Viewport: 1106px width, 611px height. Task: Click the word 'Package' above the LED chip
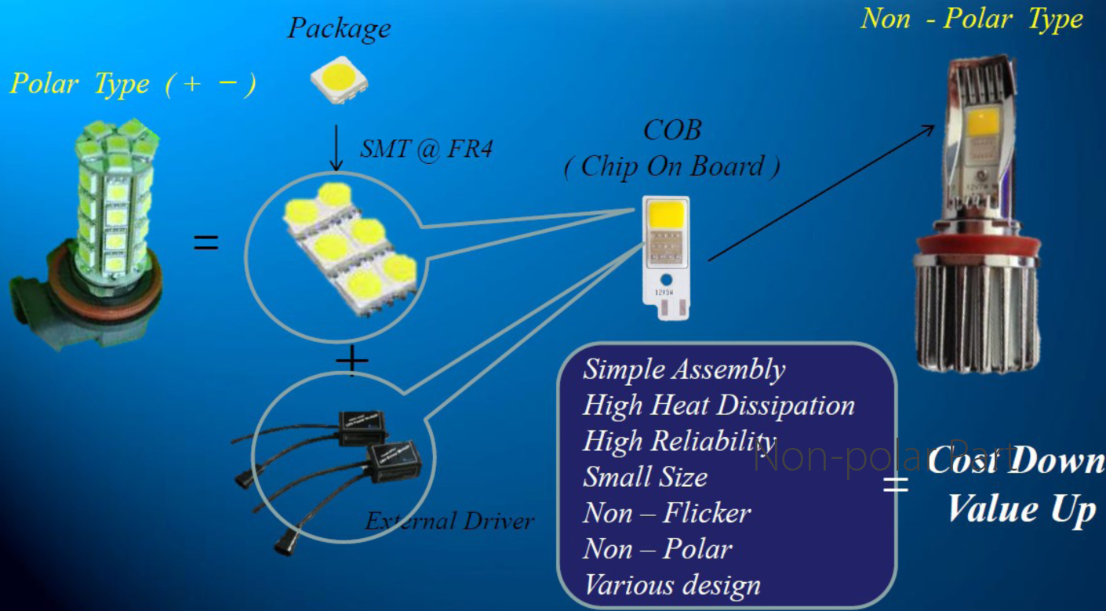pyautogui.click(x=339, y=29)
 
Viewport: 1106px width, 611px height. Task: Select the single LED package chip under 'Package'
pyautogui.click(x=340, y=79)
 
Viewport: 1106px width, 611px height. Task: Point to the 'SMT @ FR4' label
pyautogui.click(x=426, y=148)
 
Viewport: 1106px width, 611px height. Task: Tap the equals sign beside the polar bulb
pyautogui.click(x=206, y=242)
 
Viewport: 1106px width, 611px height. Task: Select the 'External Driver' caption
pyautogui.click(x=449, y=521)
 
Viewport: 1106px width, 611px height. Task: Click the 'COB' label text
pyautogui.click(x=671, y=130)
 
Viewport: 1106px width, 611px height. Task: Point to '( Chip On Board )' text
pyautogui.click(x=671, y=166)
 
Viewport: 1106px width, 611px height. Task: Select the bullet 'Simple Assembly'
pyautogui.click(x=683, y=369)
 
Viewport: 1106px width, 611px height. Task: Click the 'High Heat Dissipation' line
pyautogui.click(x=719, y=406)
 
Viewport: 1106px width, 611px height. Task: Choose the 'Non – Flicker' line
pyautogui.click(x=667, y=513)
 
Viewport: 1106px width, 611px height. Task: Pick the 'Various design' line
pyautogui.click(x=671, y=585)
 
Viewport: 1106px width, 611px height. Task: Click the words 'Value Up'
pyautogui.click(x=1021, y=509)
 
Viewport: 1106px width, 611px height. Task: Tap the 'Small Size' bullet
pyautogui.click(x=645, y=477)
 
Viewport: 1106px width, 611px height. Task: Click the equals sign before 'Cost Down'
pyautogui.click(x=895, y=483)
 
